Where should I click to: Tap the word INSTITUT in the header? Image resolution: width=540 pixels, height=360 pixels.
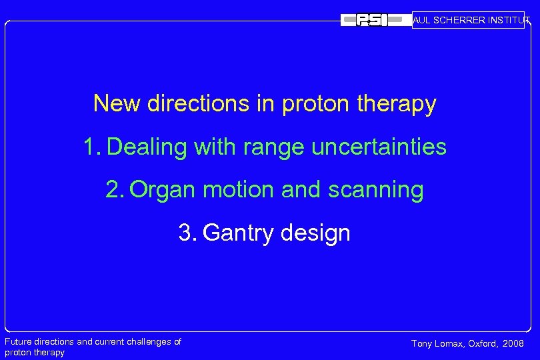pos(509,21)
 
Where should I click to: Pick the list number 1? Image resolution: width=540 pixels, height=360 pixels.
pos(91,147)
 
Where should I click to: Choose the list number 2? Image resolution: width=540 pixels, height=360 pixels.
pos(115,190)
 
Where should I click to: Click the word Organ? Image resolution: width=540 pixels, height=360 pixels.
pos(163,191)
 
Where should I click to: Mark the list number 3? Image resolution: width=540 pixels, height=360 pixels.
pos(187,233)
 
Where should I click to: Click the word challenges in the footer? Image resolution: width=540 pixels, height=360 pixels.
pos(147,342)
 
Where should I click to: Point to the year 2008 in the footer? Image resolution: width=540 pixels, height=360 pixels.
pos(513,344)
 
